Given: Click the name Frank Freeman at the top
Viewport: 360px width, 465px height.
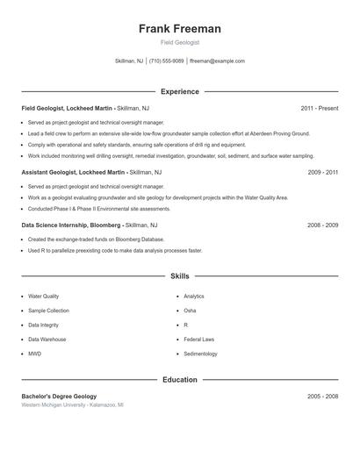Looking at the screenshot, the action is click(180, 29).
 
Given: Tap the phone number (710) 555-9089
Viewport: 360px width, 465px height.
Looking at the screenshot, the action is click(167, 61).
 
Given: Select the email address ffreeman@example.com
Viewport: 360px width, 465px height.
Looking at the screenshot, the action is click(217, 61).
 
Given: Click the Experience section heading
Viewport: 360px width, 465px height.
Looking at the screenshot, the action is click(180, 91).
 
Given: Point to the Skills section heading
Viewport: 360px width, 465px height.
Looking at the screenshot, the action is click(180, 275).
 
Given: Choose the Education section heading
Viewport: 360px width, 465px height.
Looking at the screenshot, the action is click(180, 379).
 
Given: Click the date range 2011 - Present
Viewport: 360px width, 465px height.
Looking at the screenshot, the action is click(319, 108).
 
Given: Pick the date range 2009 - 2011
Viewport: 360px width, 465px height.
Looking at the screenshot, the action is click(323, 173).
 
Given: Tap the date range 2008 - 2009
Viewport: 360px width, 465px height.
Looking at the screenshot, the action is click(323, 225).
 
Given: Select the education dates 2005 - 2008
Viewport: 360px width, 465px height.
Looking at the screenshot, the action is click(323, 397).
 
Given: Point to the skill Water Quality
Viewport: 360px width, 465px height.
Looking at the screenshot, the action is click(44, 297).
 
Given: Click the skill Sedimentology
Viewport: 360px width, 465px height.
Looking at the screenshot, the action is click(200, 354).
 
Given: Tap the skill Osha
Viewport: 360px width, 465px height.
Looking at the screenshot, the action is click(190, 311).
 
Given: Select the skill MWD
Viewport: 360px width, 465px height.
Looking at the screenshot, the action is click(35, 354).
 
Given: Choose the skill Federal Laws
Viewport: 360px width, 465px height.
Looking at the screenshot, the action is click(198, 339).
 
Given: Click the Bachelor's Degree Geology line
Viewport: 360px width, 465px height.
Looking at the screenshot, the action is click(59, 397).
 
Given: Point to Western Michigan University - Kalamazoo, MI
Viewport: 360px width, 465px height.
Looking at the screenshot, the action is click(72, 405).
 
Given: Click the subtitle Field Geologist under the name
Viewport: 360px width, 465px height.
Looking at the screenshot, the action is click(180, 42).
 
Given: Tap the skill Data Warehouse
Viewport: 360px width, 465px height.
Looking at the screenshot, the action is click(47, 339).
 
